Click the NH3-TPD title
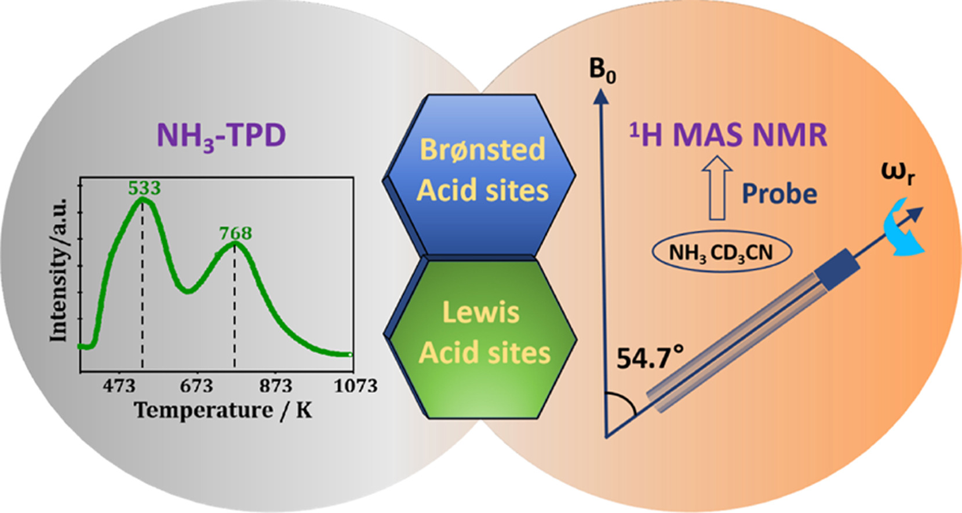click(221, 136)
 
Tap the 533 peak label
click(144, 188)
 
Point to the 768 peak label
click(235, 233)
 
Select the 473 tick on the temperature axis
click(119, 386)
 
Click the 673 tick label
click(196, 386)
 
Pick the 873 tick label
click(275, 386)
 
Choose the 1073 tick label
click(355, 386)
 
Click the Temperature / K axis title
click(223, 410)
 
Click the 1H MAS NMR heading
click(728, 135)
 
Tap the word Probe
click(779, 194)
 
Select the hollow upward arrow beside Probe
click(717, 188)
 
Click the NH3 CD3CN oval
click(721, 253)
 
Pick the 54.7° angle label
click(649, 358)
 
